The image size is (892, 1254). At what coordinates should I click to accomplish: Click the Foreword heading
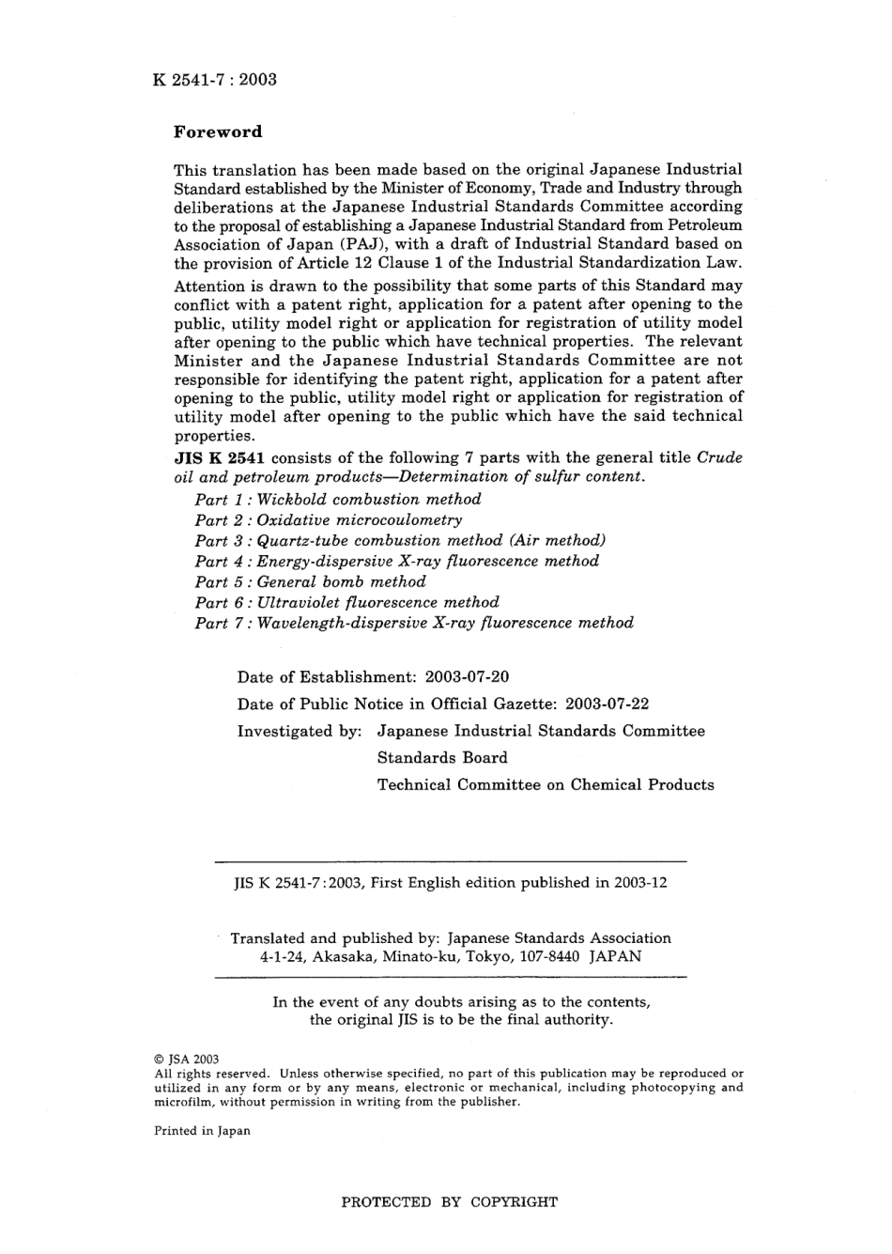tap(218, 132)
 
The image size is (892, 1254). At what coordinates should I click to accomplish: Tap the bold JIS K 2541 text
tap(219, 458)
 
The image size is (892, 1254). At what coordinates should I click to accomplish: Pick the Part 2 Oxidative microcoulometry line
tap(329, 520)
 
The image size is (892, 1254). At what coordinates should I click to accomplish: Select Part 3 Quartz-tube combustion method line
tap(400, 541)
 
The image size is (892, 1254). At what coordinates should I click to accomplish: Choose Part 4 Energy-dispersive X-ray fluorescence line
tap(396, 562)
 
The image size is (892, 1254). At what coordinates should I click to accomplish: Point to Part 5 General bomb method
tap(310, 582)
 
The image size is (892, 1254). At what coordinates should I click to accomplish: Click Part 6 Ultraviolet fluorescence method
tap(346, 603)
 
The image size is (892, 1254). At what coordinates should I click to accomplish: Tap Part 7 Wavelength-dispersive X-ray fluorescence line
tap(414, 624)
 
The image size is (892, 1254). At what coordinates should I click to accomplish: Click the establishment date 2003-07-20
tap(467, 677)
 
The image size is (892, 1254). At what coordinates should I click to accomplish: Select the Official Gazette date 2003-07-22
tap(607, 704)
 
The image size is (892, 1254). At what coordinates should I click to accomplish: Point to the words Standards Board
tap(442, 758)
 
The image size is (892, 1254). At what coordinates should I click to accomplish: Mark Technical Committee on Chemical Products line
tap(546, 785)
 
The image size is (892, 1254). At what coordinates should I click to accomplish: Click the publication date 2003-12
tap(640, 884)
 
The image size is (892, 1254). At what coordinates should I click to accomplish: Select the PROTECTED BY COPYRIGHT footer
tap(449, 1202)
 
